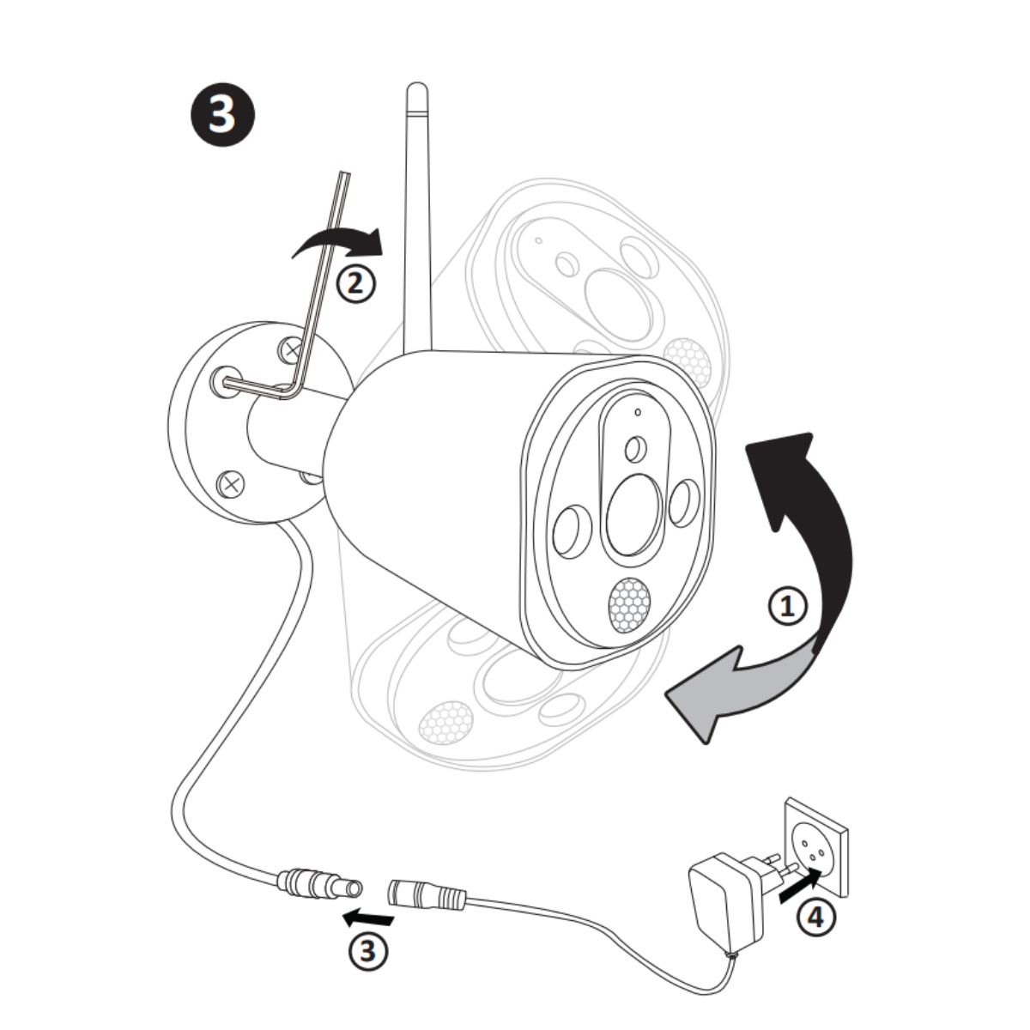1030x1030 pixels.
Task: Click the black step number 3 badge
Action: pyautogui.click(x=221, y=114)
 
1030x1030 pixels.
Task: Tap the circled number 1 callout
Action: pyautogui.click(x=787, y=607)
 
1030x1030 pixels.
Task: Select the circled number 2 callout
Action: pyautogui.click(x=355, y=282)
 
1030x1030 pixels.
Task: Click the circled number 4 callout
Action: pyautogui.click(x=815, y=918)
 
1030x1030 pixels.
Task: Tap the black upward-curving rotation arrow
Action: pyautogui.click(x=811, y=524)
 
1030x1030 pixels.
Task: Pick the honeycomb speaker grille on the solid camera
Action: pyautogui.click(x=629, y=604)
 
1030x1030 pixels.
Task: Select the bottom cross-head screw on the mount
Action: pyautogui.click(x=231, y=483)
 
